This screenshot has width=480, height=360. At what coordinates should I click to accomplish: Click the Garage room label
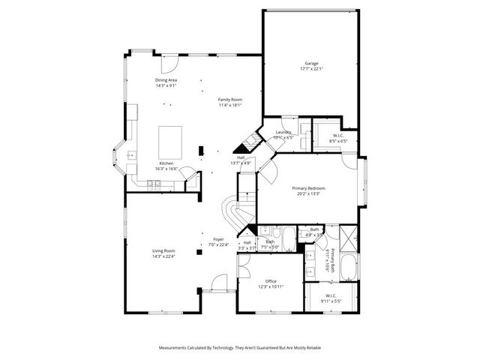click(x=311, y=63)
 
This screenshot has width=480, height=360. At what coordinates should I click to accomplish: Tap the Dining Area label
click(x=166, y=80)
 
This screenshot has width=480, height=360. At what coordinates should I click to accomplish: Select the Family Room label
click(x=230, y=100)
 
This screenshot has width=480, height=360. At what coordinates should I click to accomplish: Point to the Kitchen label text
click(x=166, y=163)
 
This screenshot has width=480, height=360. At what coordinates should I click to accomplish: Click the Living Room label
click(x=164, y=250)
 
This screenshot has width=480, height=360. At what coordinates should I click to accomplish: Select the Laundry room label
click(x=283, y=132)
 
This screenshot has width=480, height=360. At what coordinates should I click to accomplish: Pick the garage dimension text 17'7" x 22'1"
click(x=311, y=69)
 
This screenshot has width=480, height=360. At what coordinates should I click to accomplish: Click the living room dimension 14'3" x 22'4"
click(x=164, y=256)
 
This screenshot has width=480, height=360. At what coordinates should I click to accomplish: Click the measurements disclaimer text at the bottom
click(x=240, y=347)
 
